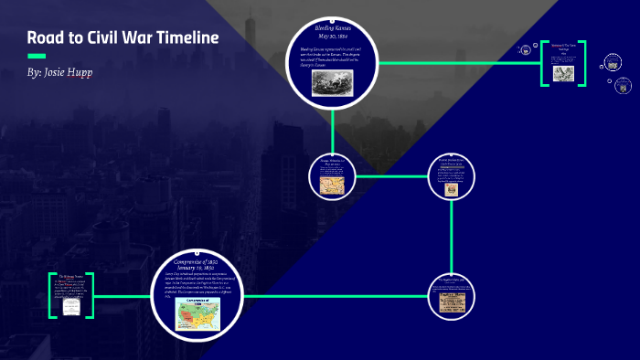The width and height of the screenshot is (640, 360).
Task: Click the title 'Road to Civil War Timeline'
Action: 123,38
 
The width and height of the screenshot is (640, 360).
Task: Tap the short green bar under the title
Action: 36,56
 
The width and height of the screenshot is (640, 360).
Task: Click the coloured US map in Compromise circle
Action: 200,312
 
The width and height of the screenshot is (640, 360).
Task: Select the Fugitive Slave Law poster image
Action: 450,302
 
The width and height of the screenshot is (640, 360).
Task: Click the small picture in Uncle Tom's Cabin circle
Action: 451,189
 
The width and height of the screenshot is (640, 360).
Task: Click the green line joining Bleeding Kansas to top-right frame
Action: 457,63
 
